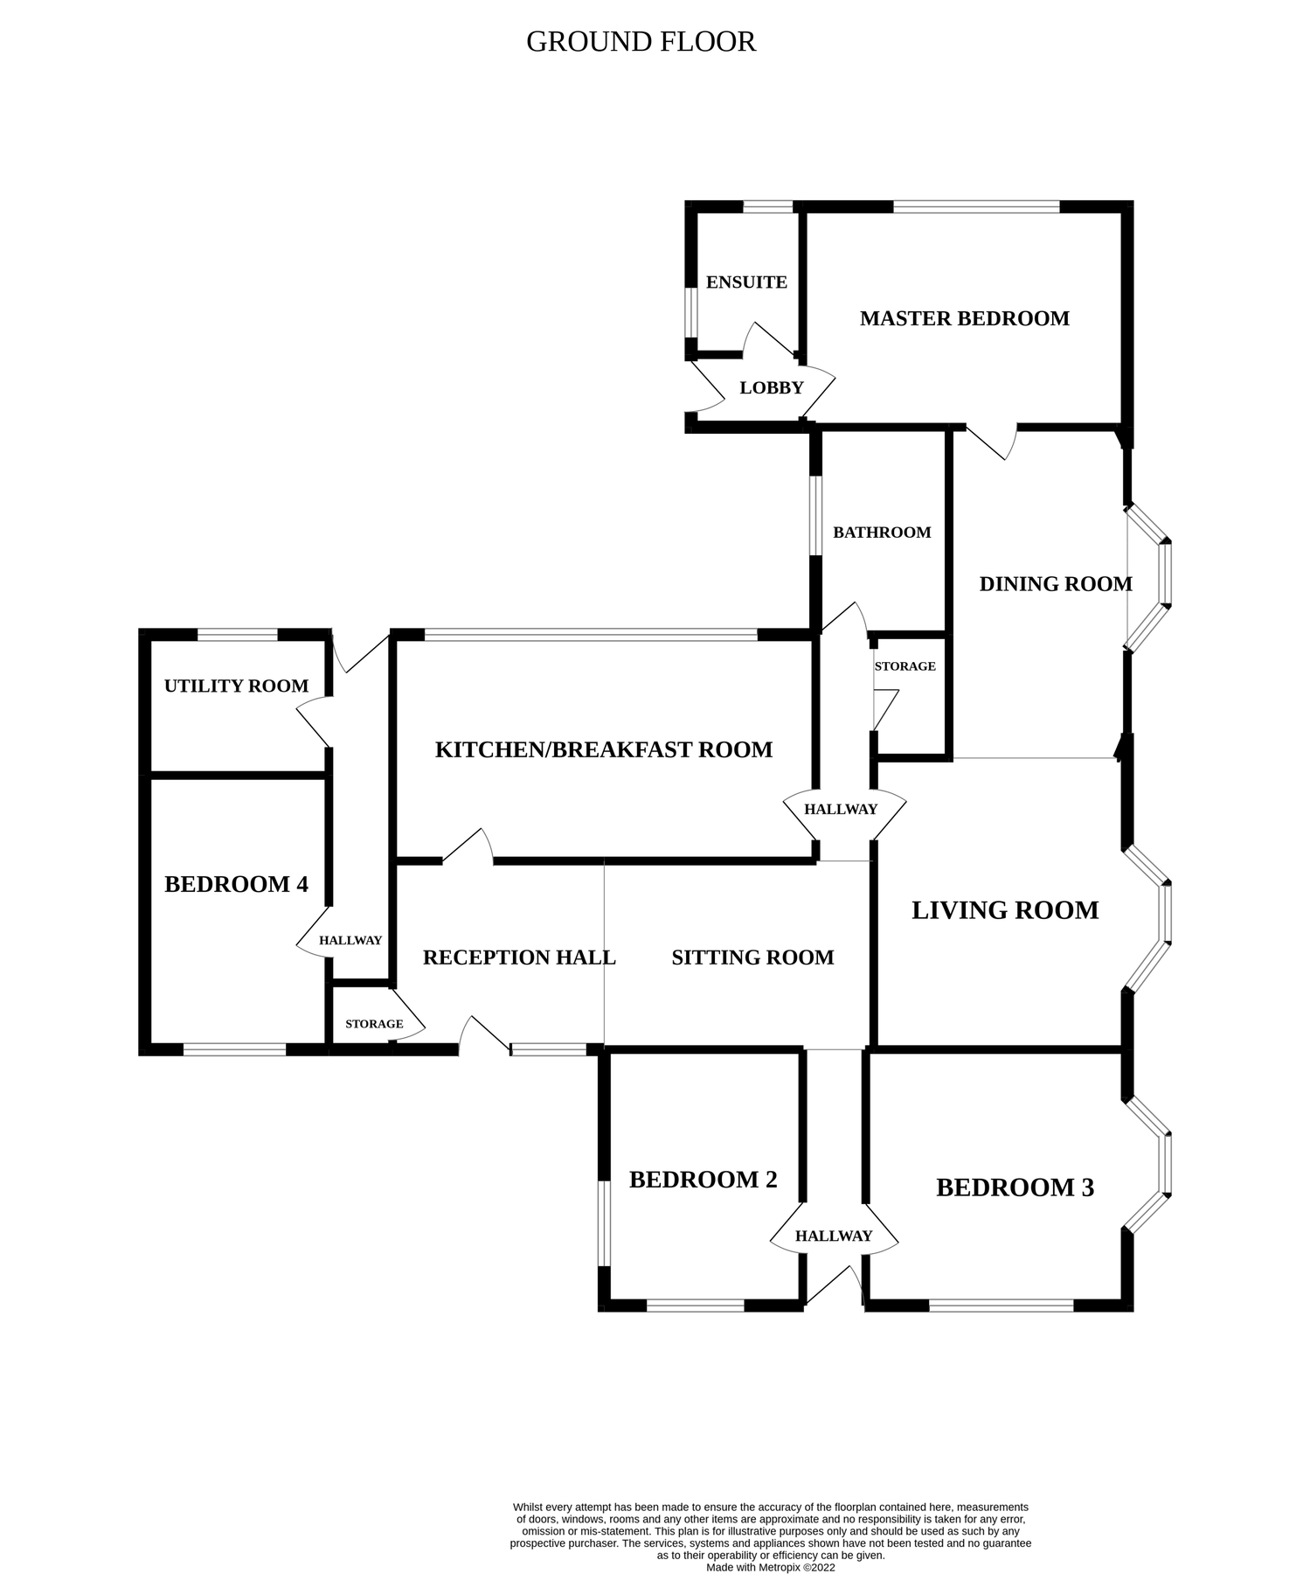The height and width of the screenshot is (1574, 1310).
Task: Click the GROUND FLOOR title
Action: click(641, 42)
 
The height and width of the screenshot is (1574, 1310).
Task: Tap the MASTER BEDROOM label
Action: click(964, 318)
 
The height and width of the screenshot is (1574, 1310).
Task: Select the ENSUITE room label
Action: click(746, 282)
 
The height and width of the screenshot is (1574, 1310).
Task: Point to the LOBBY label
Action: click(771, 388)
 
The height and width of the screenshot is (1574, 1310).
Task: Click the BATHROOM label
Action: click(882, 533)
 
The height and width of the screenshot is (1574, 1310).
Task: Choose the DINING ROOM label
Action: click(1055, 584)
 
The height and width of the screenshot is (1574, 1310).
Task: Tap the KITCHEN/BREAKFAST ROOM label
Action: click(603, 749)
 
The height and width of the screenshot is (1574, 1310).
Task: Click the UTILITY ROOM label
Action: click(236, 686)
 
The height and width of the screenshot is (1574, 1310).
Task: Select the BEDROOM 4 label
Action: click(236, 884)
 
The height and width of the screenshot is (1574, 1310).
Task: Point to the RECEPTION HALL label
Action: click(519, 958)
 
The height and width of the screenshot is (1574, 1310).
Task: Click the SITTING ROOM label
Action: click(752, 958)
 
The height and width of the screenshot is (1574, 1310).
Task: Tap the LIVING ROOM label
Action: click(1005, 910)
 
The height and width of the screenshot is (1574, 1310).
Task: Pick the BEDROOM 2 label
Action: click(703, 1180)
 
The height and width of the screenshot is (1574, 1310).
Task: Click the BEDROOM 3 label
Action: click(1015, 1187)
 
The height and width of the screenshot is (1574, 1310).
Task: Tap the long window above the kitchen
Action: click(591, 634)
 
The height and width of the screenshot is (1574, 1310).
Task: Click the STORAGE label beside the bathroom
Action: click(905, 666)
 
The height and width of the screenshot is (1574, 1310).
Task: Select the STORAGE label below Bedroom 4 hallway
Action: click(374, 1024)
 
